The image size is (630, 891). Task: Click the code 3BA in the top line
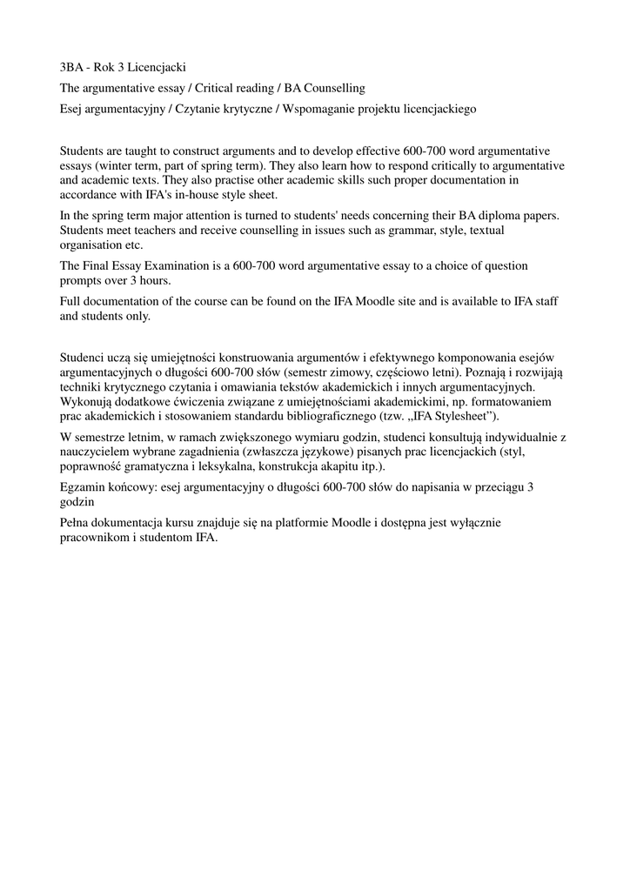coord(71,67)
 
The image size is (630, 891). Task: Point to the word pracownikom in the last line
coord(95,537)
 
